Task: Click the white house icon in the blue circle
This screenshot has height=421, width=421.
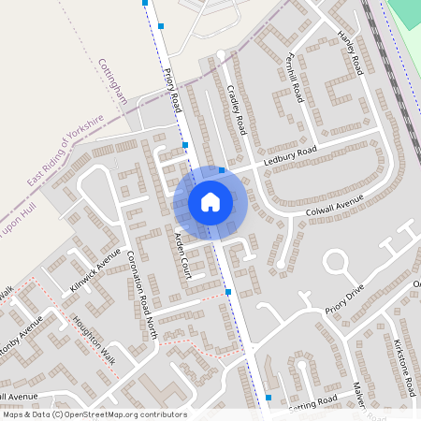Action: pyautogui.click(x=210, y=201)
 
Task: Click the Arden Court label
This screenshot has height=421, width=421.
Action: pyautogui.click(x=183, y=254)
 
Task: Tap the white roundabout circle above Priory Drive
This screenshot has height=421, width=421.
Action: pyautogui.click(x=336, y=263)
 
